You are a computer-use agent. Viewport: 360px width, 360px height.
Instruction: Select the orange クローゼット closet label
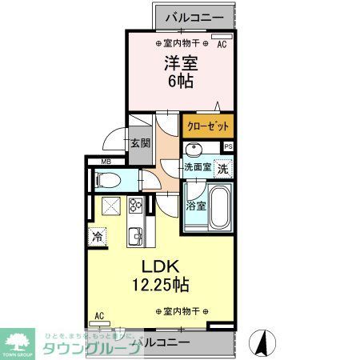208,126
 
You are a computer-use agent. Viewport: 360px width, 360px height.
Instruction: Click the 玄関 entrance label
140,143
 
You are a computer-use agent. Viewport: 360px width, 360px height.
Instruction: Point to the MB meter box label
105,162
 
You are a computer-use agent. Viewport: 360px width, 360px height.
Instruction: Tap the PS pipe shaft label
228,146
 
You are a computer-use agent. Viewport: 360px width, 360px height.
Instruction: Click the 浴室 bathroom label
196,206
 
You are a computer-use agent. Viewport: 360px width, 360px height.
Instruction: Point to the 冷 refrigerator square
98,237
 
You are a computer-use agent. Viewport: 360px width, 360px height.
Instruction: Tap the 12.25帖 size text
160,284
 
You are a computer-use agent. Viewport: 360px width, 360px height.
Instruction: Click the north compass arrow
260,342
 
